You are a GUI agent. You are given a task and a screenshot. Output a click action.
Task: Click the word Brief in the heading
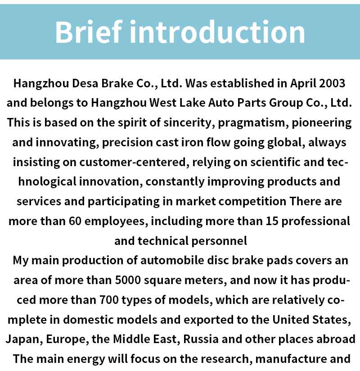(89, 32)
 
